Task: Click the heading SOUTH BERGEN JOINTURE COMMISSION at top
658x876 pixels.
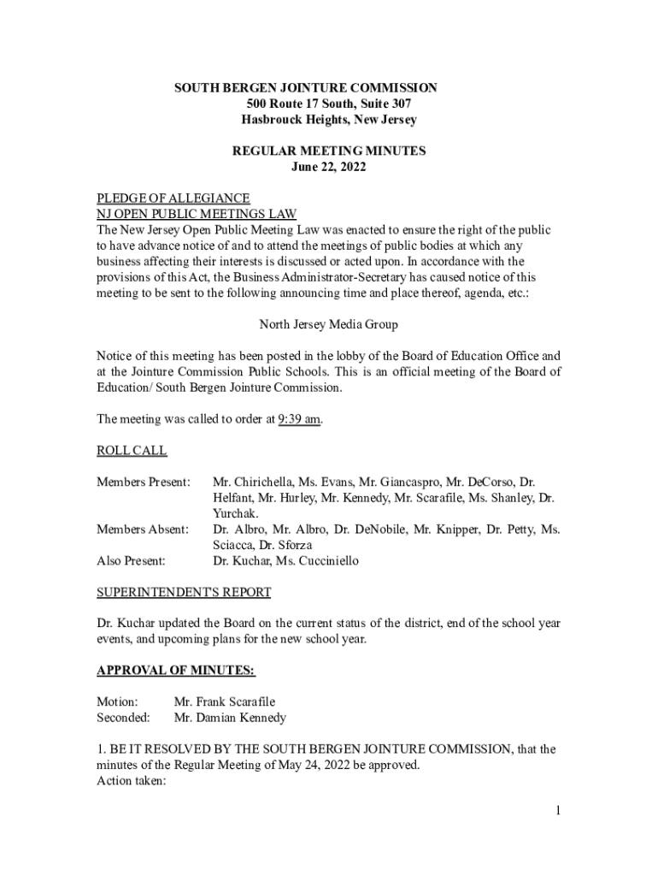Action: [306, 88]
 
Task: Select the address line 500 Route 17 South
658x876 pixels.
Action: [329, 104]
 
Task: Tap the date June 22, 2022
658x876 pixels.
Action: [329, 167]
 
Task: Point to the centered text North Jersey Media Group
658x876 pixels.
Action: [328, 325]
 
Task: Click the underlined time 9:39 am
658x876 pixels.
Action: [300, 419]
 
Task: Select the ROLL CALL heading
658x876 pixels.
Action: [132, 451]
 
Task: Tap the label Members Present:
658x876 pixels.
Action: [143, 482]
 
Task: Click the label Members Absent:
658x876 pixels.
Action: [142, 530]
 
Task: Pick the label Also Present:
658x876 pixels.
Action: [131, 561]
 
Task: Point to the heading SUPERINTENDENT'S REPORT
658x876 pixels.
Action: [184, 592]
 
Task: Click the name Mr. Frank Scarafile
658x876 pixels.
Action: [225, 702]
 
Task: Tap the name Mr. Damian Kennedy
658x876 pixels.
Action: [230, 718]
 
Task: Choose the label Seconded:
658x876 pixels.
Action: [123, 718]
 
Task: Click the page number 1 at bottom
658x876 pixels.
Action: [556, 812]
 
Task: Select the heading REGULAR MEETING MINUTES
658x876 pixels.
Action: [329, 151]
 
